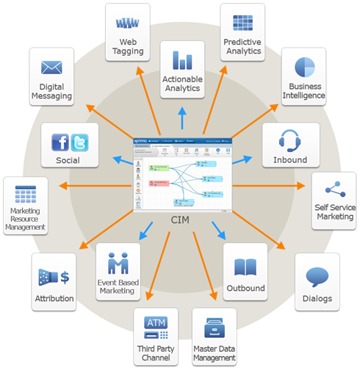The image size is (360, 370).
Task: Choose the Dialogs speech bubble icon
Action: [x=317, y=277]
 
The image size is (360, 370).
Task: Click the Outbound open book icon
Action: [x=245, y=267]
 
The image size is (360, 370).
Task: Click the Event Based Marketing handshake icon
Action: [x=118, y=262]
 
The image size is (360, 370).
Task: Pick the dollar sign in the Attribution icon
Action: [x=65, y=277]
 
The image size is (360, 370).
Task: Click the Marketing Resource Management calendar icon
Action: [x=26, y=195]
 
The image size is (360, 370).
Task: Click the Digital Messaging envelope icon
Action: [x=51, y=68]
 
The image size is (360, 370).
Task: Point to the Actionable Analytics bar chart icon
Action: [x=183, y=60]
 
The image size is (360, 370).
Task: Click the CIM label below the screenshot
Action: [x=181, y=221]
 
